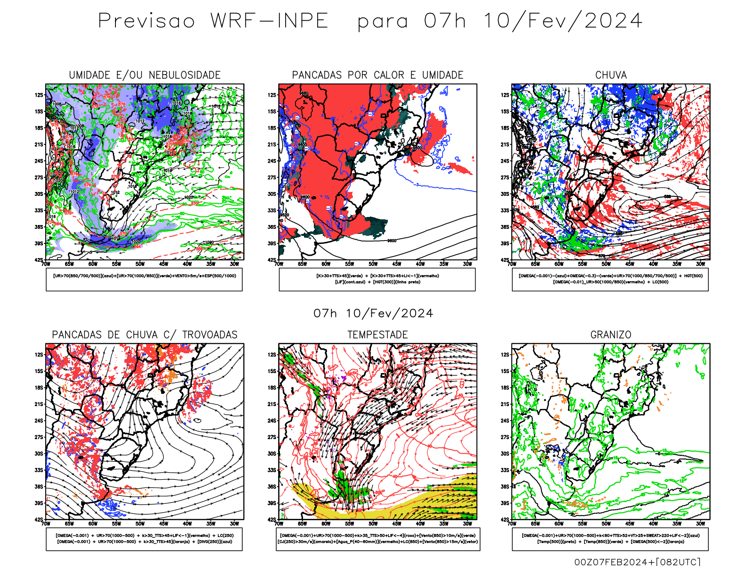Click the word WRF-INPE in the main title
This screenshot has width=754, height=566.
pyautogui.click(x=269, y=21)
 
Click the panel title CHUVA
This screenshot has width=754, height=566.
pyautogui.click(x=611, y=75)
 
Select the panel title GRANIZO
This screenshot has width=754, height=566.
pyautogui.click(x=611, y=335)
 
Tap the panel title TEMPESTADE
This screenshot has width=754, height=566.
pyautogui.click(x=377, y=335)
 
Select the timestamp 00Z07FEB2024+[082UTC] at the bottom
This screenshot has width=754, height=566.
pyautogui.click(x=637, y=562)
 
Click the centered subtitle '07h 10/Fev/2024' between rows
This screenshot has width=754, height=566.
pyautogui.click(x=373, y=313)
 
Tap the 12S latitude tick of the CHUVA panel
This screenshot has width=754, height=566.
pyautogui.click(x=505, y=95)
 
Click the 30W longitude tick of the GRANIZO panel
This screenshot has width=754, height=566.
pyautogui.click(x=700, y=524)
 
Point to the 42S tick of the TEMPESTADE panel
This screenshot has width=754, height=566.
pyautogui.click(x=272, y=519)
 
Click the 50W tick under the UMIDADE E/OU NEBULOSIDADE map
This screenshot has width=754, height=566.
pyautogui.click(x=140, y=264)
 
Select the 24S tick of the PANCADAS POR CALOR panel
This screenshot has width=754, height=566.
pyautogui.click(x=272, y=161)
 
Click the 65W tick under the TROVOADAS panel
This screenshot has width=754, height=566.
pyautogui.click(x=69, y=524)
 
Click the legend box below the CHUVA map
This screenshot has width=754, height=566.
pyautogui.click(x=610, y=279)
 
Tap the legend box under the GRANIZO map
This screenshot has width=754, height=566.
pyautogui.click(x=610, y=539)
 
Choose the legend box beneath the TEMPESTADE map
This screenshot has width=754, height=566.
pyautogui.click(x=377, y=539)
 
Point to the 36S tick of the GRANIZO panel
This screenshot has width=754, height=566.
pyautogui.click(x=505, y=486)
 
